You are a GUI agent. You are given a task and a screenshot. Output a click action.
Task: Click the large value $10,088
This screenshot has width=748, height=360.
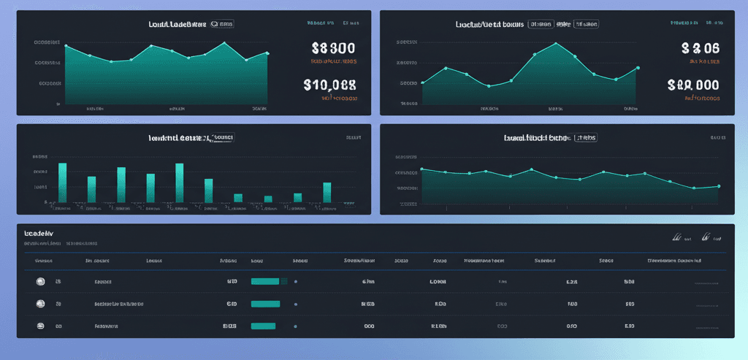[x=329, y=84]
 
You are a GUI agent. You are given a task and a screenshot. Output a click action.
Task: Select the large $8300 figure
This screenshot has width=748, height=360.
[x=333, y=49]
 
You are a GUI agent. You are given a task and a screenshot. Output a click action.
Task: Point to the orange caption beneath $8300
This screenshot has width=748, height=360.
[x=335, y=62]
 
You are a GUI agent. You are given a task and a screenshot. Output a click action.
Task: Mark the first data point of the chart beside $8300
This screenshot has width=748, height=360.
[x=66, y=47]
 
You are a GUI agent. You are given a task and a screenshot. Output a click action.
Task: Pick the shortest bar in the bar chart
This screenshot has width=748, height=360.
[x=268, y=199]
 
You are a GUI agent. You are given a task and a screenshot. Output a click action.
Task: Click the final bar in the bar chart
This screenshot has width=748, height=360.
[x=327, y=192]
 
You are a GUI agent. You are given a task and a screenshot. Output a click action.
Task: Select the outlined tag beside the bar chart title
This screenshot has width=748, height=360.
[x=223, y=137]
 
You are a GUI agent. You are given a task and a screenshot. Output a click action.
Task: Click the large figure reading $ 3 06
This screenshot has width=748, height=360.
[x=700, y=49]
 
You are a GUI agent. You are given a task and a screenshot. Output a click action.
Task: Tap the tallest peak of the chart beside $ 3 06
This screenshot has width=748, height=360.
[x=556, y=42]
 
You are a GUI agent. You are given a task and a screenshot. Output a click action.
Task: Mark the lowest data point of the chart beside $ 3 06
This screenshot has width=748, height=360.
[x=489, y=86]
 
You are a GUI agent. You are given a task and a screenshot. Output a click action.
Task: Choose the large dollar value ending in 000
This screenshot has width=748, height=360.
[x=693, y=85]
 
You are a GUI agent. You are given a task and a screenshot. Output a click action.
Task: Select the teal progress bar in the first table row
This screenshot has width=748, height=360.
[x=265, y=281]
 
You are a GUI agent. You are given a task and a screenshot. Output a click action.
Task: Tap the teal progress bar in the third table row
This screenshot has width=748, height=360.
[x=263, y=326]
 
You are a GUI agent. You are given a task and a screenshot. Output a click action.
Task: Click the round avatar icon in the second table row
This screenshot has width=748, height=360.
[x=40, y=303]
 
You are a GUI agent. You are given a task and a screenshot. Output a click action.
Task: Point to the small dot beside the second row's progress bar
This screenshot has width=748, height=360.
[x=295, y=304]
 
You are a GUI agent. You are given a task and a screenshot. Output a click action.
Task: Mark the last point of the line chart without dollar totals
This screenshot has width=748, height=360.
[x=719, y=186]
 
